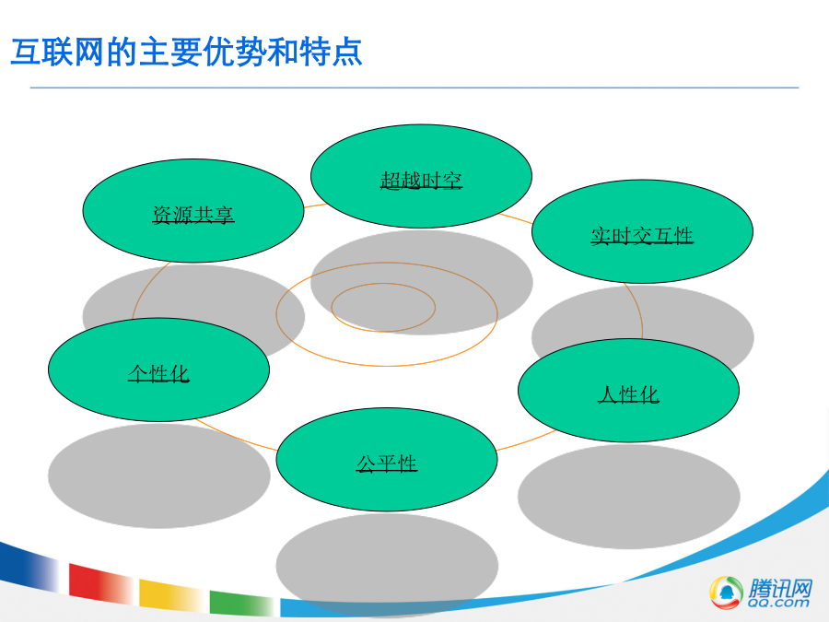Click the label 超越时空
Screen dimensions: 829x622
pyautogui.click(x=421, y=181)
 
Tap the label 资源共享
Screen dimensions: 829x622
pyautogui.click(x=193, y=215)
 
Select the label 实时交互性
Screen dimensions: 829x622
pyautogui.click(x=642, y=236)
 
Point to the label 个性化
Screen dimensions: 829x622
pyautogui.click(x=158, y=373)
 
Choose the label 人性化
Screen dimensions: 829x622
pyautogui.click(x=628, y=394)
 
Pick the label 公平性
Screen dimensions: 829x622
pyautogui.click(x=387, y=464)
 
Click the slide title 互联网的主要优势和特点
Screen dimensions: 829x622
pyautogui.click(x=186, y=52)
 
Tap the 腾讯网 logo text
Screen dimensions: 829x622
pyautogui.click(x=780, y=587)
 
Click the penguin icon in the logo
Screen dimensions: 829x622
pyautogui.click(x=726, y=592)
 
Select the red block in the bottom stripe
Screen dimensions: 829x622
pyautogui.click(x=100, y=583)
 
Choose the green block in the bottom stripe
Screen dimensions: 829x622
pyautogui.click(x=241, y=603)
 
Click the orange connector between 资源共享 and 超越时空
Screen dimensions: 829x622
pyautogui.click(x=315, y=205)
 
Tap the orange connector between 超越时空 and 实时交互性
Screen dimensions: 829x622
pyautogui.click(x=516, y=218)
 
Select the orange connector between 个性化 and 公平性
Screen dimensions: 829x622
pyautogui.click(x=235, y=437)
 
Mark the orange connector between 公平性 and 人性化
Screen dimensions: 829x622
pyautogui.click(x=527, y=441)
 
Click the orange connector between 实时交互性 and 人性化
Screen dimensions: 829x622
pyautogui.click(x=639, y=310)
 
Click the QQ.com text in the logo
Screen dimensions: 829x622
pyautogui.click(x=778, y=603)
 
